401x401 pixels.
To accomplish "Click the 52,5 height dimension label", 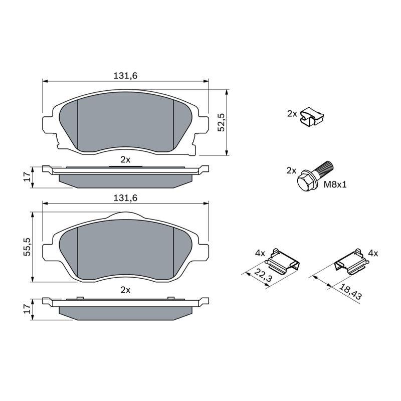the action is [x=222, y=122].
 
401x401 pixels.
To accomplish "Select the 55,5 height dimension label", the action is [x=27, y=247].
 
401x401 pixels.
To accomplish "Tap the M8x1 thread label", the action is [x=335, y=184].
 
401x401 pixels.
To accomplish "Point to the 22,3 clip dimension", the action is [x=263, y=274].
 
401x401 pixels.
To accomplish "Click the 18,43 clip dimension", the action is [x=350, y=292].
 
